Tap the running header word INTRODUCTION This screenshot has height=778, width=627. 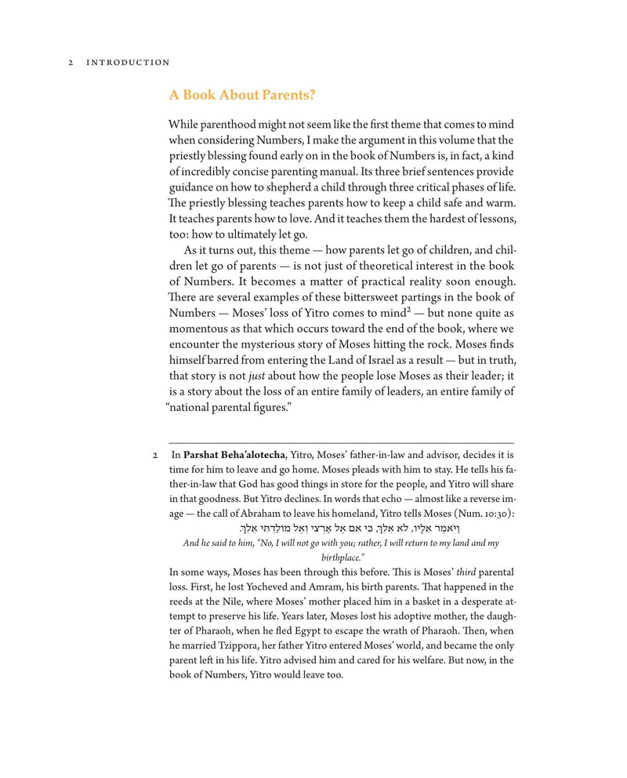[128, 63]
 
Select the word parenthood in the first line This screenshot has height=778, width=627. [228, 125]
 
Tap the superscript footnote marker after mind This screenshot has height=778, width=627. [409, 310]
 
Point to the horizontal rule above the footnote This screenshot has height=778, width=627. [341, 443]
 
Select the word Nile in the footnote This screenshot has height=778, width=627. [234, 602]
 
